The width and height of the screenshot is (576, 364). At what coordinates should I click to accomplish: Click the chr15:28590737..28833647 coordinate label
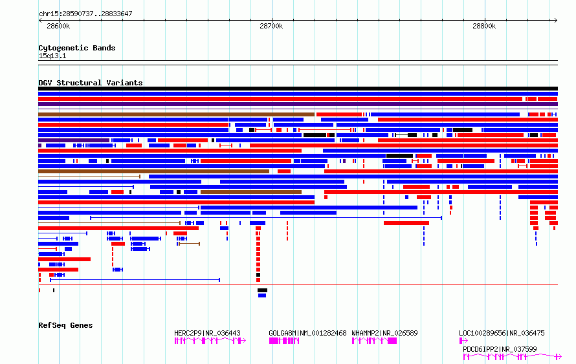click(x=85, y=14)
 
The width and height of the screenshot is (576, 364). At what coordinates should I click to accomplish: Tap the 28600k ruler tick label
click(x=58, y=27)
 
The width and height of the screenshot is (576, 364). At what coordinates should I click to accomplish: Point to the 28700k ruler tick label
click(x=271, y=27)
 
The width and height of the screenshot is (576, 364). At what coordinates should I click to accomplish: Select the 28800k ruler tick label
click(x=484, y=27)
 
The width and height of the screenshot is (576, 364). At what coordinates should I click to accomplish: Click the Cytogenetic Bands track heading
click(x=76, y=48)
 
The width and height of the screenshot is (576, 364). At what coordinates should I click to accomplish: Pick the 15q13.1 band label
click(x=52, y=56)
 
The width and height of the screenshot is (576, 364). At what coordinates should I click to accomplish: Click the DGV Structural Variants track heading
click(x=90, y=83)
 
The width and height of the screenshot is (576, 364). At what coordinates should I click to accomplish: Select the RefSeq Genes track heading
click(x=65, y=325)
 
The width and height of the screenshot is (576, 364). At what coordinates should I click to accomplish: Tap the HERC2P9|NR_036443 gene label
click(x=207, y=334)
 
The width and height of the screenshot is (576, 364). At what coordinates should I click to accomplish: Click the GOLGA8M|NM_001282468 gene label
click(x=307, y=334)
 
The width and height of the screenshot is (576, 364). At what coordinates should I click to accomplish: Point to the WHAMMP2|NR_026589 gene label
click(x=384, y=334)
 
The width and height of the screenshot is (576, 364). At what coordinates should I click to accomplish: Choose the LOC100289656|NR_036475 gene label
click(x=502, y=334)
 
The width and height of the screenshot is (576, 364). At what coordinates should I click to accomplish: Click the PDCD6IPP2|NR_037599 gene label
click(x=500, y=349)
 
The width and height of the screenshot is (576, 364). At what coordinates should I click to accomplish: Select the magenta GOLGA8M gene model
click(x=284, y=341)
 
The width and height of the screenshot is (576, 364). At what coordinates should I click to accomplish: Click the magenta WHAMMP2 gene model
click(x=374, y=341)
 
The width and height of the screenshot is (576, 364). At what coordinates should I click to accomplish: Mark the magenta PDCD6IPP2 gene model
click(x=511, y=356)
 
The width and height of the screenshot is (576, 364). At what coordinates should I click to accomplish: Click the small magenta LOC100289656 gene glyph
click(x=463, y=341)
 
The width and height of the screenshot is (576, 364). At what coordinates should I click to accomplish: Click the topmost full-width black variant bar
click(x=298, y=89)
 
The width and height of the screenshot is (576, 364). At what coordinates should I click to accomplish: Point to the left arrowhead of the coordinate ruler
click(x=41, y=20)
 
